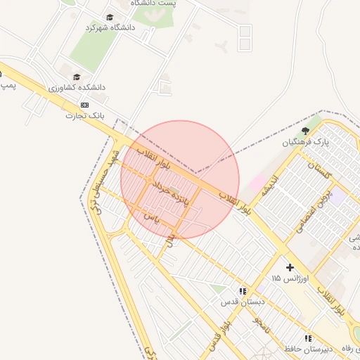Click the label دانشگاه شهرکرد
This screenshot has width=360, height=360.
[x=110, y=27]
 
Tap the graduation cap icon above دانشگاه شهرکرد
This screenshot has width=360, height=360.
[x=110, y=17]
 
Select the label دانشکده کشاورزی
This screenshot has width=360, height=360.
[x=77, y=88]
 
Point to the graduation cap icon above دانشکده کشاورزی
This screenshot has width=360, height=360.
[x=77, y=77]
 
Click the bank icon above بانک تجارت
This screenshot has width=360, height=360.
[x=85, y=105]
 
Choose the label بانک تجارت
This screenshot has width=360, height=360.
[x=85, y=115]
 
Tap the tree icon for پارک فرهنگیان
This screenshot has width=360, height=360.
[x=305, y=131]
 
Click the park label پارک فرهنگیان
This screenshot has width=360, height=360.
[x=306, y=142]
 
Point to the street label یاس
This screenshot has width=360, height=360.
[x=152, y=219]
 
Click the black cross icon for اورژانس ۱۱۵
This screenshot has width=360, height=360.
[x=290, y=267]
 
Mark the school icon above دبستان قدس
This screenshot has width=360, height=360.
[x=243, y=291]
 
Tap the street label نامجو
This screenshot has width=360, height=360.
[x=260, y=324]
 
